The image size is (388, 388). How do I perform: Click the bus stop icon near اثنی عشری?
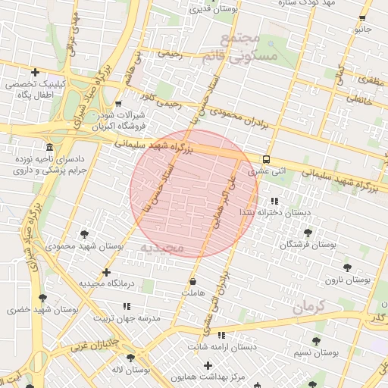[x=266, y=159]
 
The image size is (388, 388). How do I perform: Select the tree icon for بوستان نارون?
[x=347, y=268]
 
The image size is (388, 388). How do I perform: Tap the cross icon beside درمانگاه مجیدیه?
[x=106, y=272]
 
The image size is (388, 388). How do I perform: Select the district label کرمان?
[x=308, y=307]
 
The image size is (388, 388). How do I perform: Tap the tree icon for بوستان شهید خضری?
[x=42, y=298]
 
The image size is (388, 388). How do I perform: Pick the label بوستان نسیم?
[x=315, y=353]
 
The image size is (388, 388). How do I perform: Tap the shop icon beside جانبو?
[x=362, y=17]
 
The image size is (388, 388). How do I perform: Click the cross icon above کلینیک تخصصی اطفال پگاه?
[x=35, y=71]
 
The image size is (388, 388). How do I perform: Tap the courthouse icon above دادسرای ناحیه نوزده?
[x=50, y=146]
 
